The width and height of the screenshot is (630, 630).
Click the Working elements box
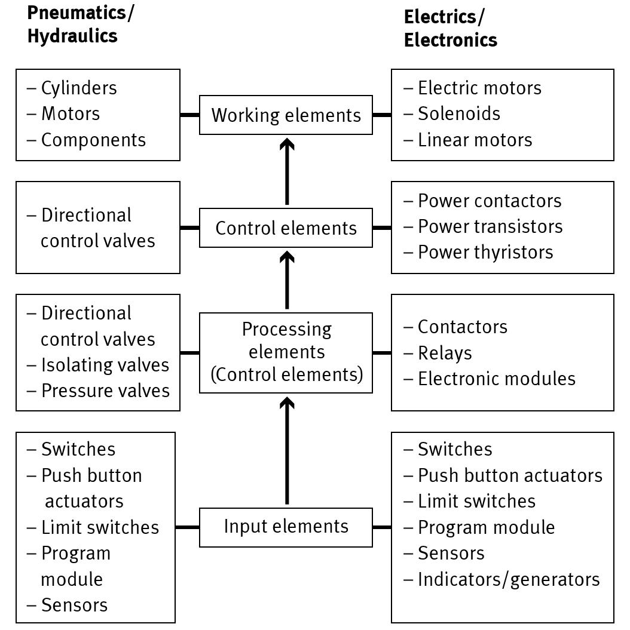(286, 115)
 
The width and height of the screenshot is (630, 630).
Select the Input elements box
(286, 527)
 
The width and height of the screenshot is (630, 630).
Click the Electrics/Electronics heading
(450, 28)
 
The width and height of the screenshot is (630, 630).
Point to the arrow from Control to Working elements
(287, 171)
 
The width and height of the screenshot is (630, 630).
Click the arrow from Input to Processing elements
(287, 451)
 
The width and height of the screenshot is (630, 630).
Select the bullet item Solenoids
(458, 113)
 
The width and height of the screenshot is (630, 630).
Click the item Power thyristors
(485, 252)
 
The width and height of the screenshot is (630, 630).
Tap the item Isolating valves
(105, 365)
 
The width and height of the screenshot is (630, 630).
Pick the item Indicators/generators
(508, 579)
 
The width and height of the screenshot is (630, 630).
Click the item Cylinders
(78, 88)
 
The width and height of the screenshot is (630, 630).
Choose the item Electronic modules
(496, 379)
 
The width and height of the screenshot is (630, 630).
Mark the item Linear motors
(475, 140)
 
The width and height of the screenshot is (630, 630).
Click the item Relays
(444, 353)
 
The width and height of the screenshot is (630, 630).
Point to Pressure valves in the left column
(105, 391)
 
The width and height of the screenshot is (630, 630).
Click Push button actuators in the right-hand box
(509, 475)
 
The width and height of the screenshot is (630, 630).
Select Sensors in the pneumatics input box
(74, 605)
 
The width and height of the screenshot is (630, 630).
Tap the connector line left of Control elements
(189, 228)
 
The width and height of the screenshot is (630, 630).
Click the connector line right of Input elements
(381, 527)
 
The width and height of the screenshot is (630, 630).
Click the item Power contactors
(489, 201)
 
